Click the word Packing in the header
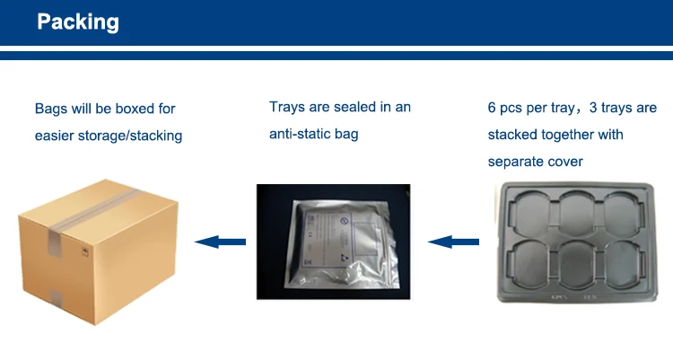pyautogui.click(x=78, y=22)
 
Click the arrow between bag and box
pyautogui.click(x=220, y=241)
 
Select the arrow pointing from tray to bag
pyautogui.click(x=453, y=241)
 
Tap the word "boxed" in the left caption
pyautogui.click(x=135, y=109)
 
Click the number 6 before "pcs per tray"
pyautogui.click(x=492, y=108)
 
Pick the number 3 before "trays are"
pyautogui.click(x=593, y=108)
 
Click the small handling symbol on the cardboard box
pyautogui.click(x=85, y=252)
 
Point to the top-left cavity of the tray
pyautogui.click(x=531, y=213)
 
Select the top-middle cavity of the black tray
pyautogui.click(x=577, y=213)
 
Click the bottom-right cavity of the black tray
pyautogui.click(x=622, y=263)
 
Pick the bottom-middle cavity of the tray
pyautogui.click(x=576, y=264)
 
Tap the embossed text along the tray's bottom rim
pyautogui.click(x=573, y=297)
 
